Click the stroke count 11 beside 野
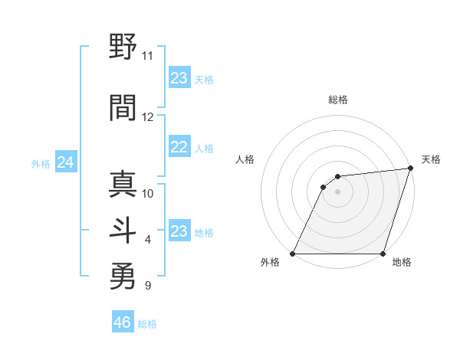pyautogui.click(x=148, y=56)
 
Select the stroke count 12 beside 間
pyautogui.click(x=148, y=117)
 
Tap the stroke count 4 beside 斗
pyautogui.click(x=148, y=241)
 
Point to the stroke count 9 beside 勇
pyautogui.click(x=148, y=286)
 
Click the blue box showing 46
pyautogui.click(x=123, y=322)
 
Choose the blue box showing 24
pyautogui.click(x=65, y=162)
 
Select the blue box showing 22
pyautogui.click(x=179, y=148)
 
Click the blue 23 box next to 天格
pyautogui.click(x=179, y=78)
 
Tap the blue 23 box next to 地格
pyautogui.click(x=179, y=231)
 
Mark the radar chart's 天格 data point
pyautogui.click(x=410, y=169)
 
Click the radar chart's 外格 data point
pyautogui.click(x=293, y=254)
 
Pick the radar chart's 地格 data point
pyautogui.click(x=383, y=254)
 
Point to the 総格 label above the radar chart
pyautogui.click(x=338, y=100)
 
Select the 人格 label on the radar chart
pyautogui.click(x=245, y=159)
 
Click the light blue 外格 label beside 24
pyautogui.click(x=41, y=163)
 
